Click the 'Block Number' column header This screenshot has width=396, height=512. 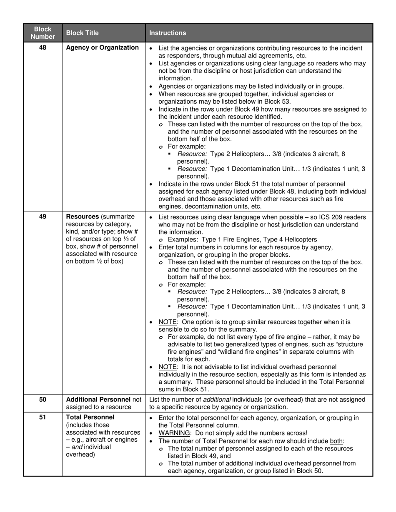(43, 33)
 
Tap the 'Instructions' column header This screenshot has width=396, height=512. (168, 33)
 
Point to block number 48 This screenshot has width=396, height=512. (43, 47)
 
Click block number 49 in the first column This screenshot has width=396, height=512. (43, 216)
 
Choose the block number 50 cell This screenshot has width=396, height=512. (43, 400)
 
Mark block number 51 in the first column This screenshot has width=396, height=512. (43, 417)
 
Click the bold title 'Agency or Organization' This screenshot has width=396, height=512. (102, 47)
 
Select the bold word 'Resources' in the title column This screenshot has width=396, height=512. (82, 216)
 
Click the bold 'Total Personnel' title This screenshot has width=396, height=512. (90, 417)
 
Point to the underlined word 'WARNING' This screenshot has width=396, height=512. (174, 433)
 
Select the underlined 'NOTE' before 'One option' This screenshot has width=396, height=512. (168, 322)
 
